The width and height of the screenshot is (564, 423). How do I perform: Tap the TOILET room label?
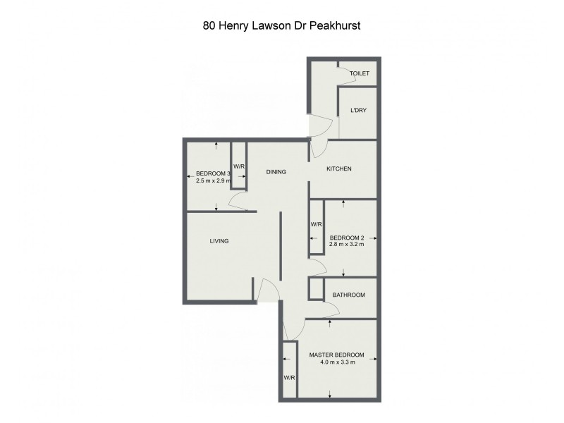coord(360,73)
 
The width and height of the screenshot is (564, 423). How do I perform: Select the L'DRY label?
coord(358,111)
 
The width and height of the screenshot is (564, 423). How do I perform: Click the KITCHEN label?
coord(338,169)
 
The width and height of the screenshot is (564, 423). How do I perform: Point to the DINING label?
coord(276,171)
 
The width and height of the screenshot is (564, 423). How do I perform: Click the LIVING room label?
coord(219,241)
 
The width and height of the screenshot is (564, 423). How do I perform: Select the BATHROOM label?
coord(348,295)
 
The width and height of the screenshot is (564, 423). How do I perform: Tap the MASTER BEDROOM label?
coord(336,355)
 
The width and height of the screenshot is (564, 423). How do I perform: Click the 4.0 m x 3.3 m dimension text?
coord(336,363)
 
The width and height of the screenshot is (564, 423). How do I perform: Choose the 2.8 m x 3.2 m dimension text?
coord(346,246)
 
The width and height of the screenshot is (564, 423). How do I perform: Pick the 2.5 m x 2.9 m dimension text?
coord(213,181)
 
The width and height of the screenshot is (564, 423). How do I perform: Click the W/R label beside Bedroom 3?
coord(239,167)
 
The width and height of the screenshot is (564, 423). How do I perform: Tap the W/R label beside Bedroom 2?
coord(317,224)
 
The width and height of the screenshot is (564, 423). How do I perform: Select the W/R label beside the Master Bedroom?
coord(289,378)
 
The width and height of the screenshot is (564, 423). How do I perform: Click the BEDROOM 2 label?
coord(346,238)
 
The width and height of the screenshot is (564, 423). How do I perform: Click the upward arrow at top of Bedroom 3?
coord(216,145)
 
